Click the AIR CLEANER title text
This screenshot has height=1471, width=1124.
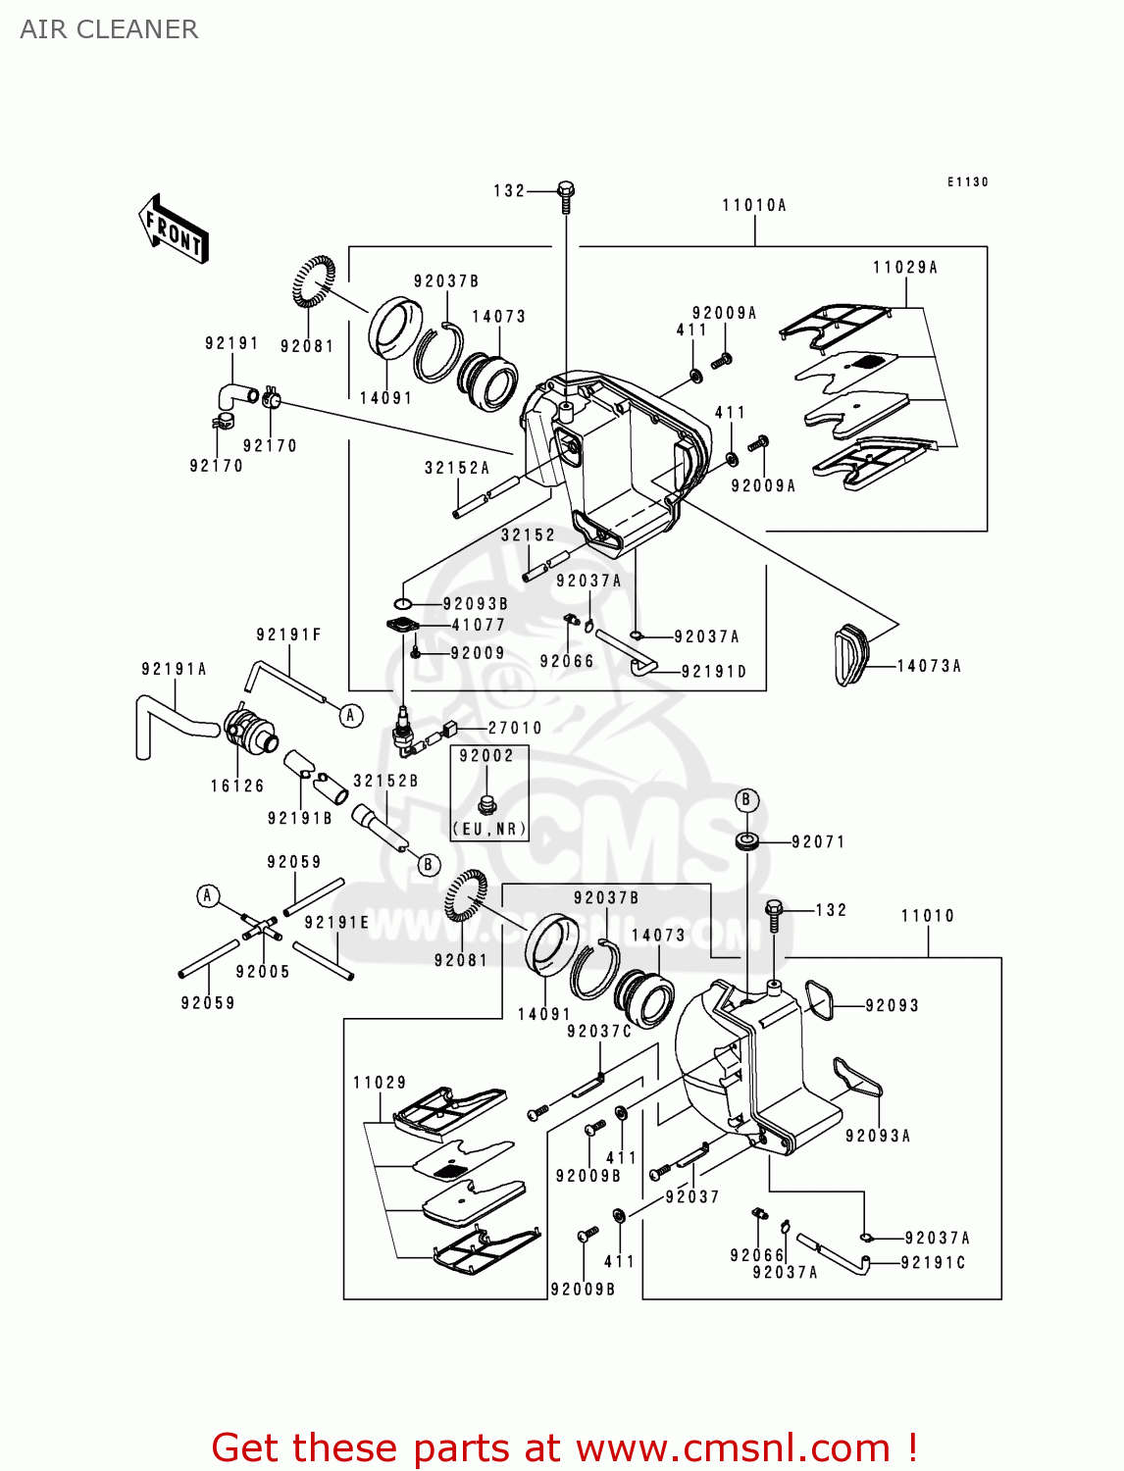tap(109, 29)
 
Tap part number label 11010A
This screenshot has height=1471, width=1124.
tap(754, 205)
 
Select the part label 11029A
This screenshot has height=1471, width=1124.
tap(905, 267)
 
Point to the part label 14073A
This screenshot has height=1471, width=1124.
tap(929, 666)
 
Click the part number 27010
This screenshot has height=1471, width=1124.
tap(515, 728)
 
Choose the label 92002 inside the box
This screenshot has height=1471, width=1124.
tap(486, 755)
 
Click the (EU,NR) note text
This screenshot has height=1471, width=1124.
tap(489, 829)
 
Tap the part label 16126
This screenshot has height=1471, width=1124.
tap(237, 786)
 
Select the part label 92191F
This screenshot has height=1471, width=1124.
tap(288, 634)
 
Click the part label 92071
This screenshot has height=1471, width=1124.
tap(818, 841)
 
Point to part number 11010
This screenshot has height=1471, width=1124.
tap(927, 915)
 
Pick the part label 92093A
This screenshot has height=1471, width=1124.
tap(878, 1136)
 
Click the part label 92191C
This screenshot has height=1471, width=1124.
tap(933, 1262)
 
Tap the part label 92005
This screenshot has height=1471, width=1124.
tap(263, 971)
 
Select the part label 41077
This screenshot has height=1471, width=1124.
tap(479, 625)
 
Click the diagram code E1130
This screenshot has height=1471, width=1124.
tap(967, 181)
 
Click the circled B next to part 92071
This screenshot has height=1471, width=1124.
tap(745, 800)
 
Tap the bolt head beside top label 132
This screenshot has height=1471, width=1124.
tap(566, 188)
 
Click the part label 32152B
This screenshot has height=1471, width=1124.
tap(385, 781)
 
